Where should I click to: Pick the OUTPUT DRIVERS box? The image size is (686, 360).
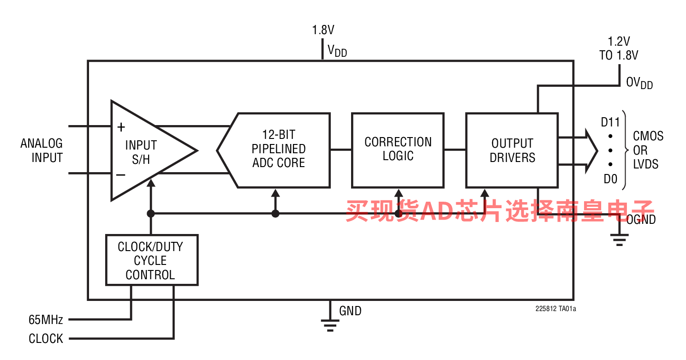[512, 150]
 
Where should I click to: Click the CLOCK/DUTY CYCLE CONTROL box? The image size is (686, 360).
[151, 260]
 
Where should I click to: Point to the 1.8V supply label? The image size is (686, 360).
[323, 30]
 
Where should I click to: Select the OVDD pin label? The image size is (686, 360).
[639, 83]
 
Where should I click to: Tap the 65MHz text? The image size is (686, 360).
[46, 319]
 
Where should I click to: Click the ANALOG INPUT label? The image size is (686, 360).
[42, 150]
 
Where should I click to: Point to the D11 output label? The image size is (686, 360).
[610, 122]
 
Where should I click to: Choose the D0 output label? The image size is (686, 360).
[610, 179]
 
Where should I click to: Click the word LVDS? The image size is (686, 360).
[646, 164]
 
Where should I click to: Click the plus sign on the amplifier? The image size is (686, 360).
[121, 127]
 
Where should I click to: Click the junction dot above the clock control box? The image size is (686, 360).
[150, 213]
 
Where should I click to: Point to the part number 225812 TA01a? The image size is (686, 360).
[555, 309]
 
